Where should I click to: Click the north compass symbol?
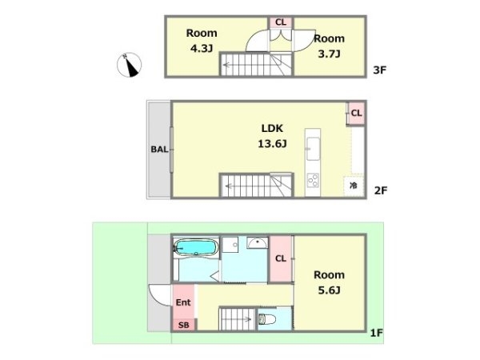coord(129,65)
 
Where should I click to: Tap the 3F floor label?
coord(379,70)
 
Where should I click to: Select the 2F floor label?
coord(381,190)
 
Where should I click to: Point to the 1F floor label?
coord(377,333)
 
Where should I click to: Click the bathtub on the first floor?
coord(196,247)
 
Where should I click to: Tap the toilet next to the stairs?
coord(266,319)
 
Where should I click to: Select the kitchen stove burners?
coord(313,180)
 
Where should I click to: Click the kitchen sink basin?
coord(313,149)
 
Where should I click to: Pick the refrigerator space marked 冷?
coord(354,186)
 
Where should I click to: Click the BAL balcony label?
coord(159,150)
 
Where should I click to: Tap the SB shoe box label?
coord(184,325)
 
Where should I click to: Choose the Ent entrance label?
coord(183,302)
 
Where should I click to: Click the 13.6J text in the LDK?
coord(272,143)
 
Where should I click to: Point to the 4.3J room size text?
coord(202,48)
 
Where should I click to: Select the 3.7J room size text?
coord(329,54)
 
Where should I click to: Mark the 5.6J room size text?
coord(329,290)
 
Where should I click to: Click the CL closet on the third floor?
coord(281,22)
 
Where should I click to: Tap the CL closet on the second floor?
coord(356,114)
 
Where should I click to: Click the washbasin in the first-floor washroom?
coord(258,242)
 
